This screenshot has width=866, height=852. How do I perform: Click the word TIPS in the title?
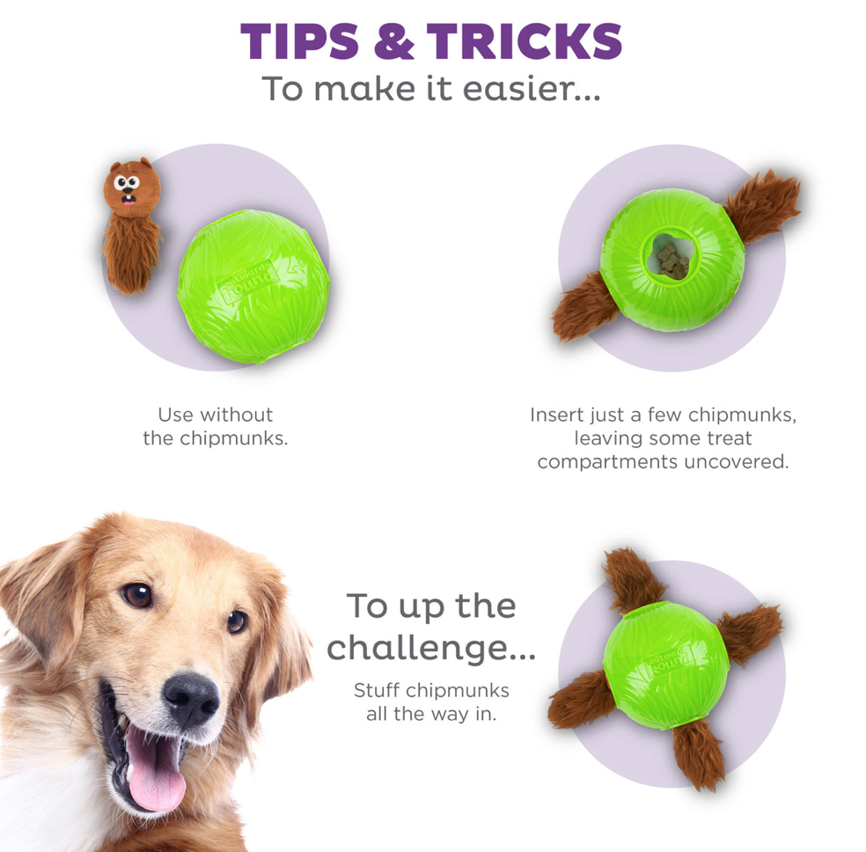[299, 41]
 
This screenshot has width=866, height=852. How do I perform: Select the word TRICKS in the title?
[525, 41]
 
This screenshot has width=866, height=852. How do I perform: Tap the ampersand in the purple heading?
[393, 41]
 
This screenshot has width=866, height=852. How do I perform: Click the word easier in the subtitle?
[517, 89]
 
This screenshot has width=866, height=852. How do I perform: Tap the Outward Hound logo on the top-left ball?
[249, 281]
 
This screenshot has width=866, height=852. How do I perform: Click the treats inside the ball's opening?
[670, 260]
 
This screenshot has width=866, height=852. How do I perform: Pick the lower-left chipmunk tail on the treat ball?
[584, 307]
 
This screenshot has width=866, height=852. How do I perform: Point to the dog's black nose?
[191, 698]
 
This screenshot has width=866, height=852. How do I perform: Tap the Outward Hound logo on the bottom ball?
[670, 661]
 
